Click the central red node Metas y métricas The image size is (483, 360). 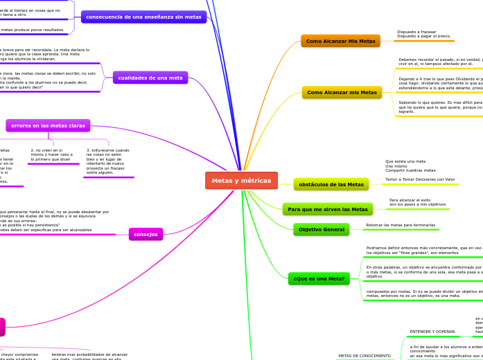pos(241,181)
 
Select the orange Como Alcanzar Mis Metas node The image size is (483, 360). pos(340,41)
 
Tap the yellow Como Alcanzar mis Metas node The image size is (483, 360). pos(342,92)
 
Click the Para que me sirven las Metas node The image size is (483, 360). pos(327,209)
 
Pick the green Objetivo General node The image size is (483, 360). pos(321,229)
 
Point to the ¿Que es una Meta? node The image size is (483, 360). pos(319,278)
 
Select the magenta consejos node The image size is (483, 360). pos(146,234)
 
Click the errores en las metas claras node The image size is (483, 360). pos(48,125)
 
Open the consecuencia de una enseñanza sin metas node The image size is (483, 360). pos(143,17)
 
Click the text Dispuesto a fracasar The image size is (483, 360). pos(416,32)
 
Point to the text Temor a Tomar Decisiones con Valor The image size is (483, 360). pos(420,179)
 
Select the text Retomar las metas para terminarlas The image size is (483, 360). pos(401,225)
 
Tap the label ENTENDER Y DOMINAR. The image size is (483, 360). pos(432,332)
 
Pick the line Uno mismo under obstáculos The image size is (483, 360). pos(396,166)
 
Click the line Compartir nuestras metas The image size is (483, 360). pos(410,170)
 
